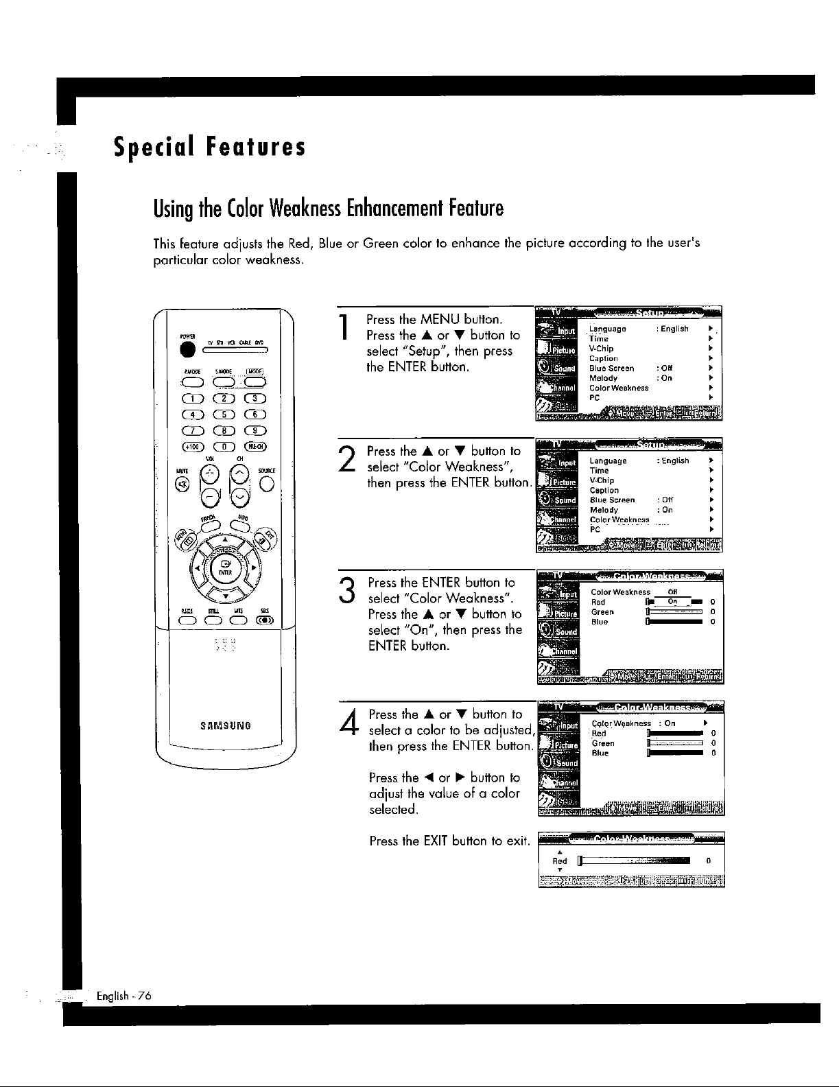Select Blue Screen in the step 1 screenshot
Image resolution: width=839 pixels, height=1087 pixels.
(x=611, y=369)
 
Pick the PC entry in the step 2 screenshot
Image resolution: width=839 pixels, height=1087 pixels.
(x=595, y=529)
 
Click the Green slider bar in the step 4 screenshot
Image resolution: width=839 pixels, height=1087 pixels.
(x=676, y=743)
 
